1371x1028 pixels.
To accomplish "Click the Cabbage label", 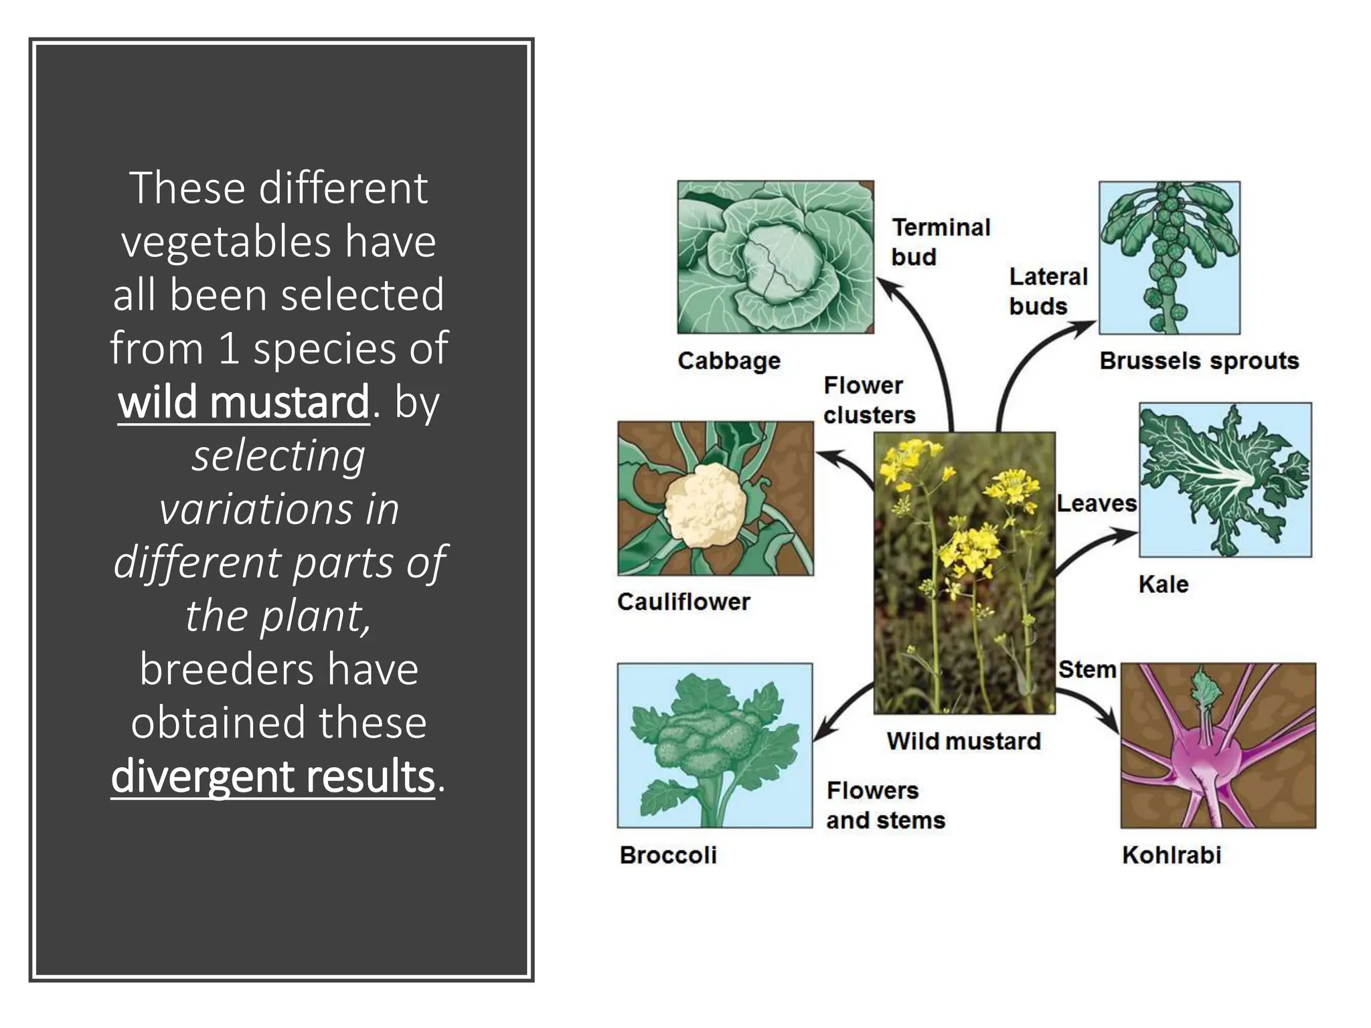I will pos(728,361).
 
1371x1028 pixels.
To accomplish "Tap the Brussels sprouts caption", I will pos(1198,361).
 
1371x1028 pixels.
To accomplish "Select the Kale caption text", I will pos(1163,584).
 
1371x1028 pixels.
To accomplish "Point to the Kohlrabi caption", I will pos(1171,855).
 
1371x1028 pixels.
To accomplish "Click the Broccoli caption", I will pos(667,855).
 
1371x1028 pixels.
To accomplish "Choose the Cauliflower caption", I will pos(683,602).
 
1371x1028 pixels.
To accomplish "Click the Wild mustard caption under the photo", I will pos(963,741).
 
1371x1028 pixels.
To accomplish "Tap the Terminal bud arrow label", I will pos(940,242).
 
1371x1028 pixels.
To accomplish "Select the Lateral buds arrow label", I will pos(1048,291).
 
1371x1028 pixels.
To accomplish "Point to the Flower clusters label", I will pos(868,400).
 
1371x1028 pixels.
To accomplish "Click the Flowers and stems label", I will pos(884,805).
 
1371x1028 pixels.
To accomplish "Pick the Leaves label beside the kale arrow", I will pos(1096,503).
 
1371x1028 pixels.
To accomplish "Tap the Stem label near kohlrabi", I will pos(1086,669).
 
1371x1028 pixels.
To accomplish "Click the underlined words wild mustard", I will pos(243,402).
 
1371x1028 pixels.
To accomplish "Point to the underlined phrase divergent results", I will pos(272,776).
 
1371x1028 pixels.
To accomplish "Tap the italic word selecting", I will pos(278,456).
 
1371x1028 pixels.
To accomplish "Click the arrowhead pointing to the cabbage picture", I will pos(888,288).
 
